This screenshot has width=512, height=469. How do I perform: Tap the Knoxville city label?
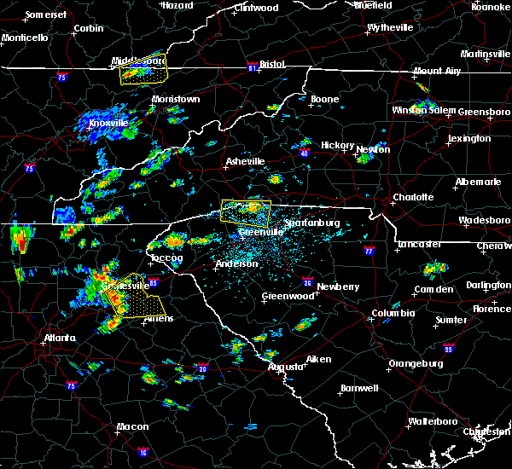108,123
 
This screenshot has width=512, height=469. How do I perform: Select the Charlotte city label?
412,198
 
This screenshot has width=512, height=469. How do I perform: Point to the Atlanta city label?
59,338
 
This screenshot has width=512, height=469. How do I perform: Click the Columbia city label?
393,313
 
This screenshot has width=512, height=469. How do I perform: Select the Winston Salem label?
422,111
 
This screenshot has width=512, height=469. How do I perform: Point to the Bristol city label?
272,64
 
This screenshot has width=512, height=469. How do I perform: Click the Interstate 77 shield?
369,252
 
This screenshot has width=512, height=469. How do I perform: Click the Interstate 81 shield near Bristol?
253,64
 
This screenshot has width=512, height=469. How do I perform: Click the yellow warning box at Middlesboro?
143,73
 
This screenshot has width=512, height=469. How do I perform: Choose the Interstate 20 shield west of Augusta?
203,368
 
